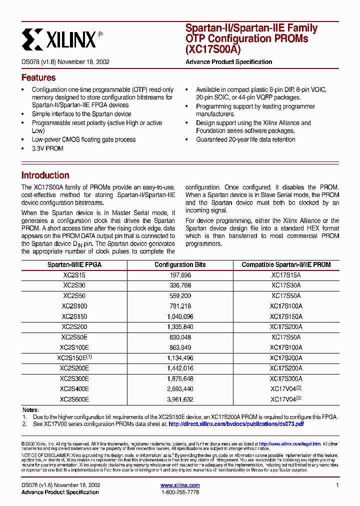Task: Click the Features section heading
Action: [38, 78]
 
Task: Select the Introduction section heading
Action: [45, 175]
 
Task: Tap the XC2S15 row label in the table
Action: [74, 275]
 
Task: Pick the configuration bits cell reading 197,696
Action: [180, 275]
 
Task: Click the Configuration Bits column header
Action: [180, 264]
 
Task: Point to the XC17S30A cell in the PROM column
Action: [286, 285]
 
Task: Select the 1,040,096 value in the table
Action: [180, 316]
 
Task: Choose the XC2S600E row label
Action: [74, 399]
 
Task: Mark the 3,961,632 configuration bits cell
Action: [180, 399]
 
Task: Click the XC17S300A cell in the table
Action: [286, 378]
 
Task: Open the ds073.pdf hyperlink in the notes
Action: [236, 424]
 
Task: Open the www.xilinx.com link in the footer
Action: [180, 485]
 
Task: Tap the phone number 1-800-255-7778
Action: [180, 492]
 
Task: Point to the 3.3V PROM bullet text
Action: [47, 148]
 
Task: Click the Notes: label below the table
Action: [30, 409]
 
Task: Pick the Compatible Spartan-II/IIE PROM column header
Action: [286, 264]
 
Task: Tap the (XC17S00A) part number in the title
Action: [212, 49]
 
